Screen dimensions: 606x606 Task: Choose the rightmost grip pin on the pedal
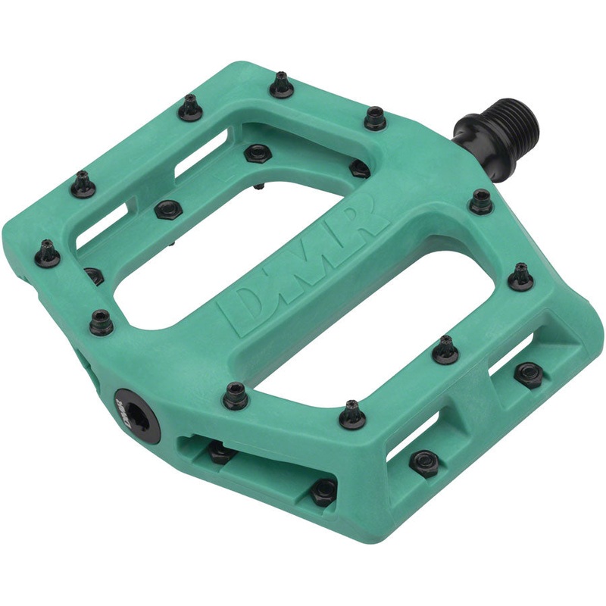click(x=521, y=276)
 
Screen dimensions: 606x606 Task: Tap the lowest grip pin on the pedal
click(x=351, y=414)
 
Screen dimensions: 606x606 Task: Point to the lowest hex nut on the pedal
click(x=324, y=490)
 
